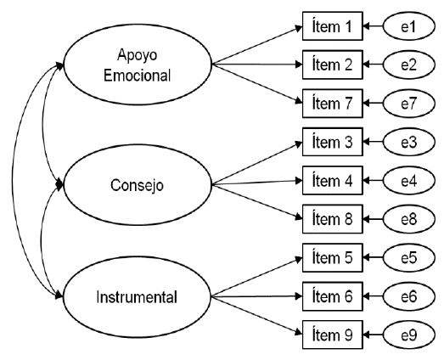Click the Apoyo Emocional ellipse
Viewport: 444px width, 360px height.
point(138,65)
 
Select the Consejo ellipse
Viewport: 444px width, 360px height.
point(138,182)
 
